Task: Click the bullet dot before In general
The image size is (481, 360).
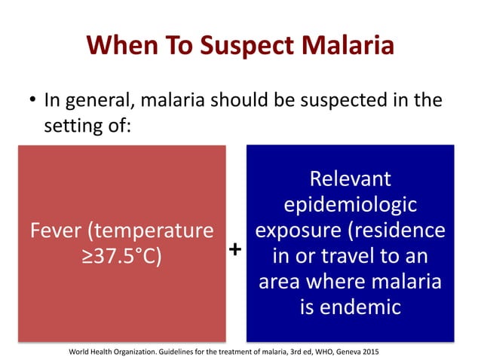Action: [x=33, y=101]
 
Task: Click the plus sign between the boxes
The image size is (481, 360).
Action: [x=235, y=248]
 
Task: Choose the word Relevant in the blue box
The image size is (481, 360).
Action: [x=351, y=179]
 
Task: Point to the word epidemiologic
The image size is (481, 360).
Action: [x=351, y=205]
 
